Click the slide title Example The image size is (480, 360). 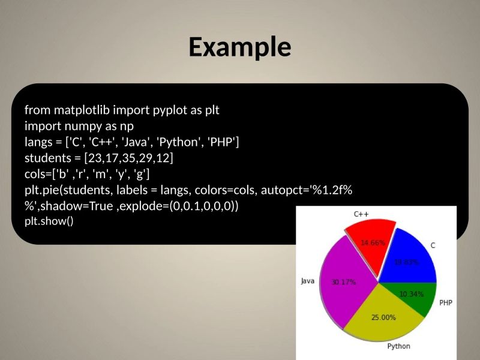pos(240,47)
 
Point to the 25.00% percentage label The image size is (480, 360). pos(383,317)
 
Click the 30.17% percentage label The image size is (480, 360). pos(344,282)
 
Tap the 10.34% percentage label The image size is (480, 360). pos(412,294)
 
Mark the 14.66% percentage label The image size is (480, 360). pos(373,243)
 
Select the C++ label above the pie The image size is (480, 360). pos(361,214)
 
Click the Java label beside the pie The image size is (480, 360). pos(307,281)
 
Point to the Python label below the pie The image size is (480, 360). pos(398,346)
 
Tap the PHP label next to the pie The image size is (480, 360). pos(446,303)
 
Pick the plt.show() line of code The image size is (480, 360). pos(49,221)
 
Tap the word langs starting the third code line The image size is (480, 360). pos(37,143)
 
